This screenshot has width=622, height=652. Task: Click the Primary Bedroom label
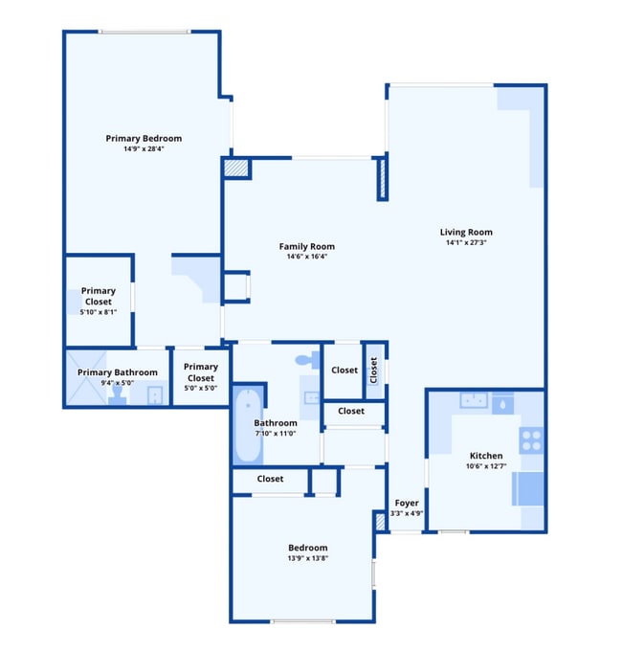pos(144,138)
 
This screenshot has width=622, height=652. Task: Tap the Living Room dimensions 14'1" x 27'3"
pos(466,242)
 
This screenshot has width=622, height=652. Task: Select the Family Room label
pos(306,246)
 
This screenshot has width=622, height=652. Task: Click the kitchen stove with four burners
pos(531,439)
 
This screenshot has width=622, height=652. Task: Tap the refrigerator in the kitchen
pos(528,488)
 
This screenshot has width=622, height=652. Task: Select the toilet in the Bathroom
pos(305,360)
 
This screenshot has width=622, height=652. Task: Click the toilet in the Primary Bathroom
pos(117,394)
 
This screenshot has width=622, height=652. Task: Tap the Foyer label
pos(407,503)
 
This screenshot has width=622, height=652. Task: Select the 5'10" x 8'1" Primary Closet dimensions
pos(98,312)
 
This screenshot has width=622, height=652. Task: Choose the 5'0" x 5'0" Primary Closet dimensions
pos(201,389)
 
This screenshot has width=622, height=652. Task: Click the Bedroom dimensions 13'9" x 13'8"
pos(307,558)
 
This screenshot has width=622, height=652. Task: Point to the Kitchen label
pos(486,455)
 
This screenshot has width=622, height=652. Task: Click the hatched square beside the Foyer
pos(380,522)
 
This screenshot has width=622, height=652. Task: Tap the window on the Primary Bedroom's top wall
pos(144,32)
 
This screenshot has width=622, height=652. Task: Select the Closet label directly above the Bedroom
pos(270,479)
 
